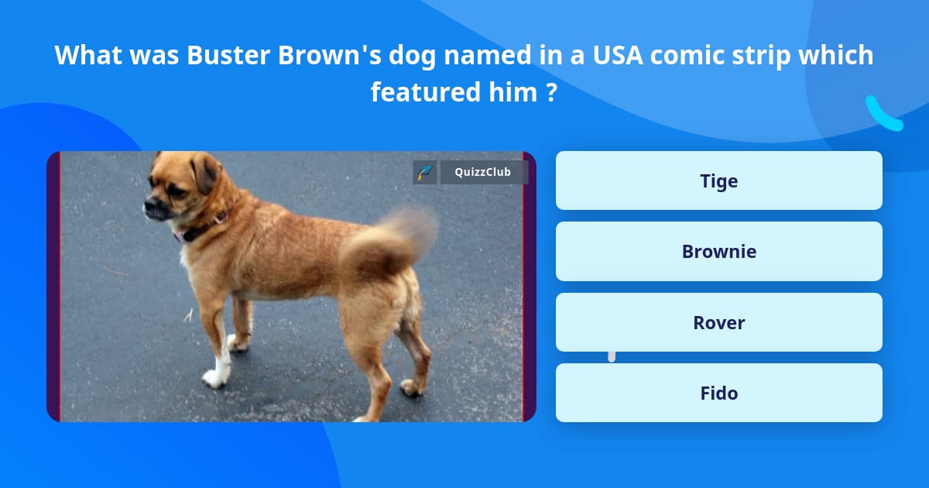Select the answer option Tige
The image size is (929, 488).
718,180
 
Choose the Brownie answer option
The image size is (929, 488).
718,251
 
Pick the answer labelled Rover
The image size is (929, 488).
718,322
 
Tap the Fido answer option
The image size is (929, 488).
718,393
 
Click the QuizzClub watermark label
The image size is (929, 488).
483,172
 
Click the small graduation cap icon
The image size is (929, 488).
424,172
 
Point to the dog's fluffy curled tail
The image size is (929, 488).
391,240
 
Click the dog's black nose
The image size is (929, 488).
147,206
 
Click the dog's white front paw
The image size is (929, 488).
214,377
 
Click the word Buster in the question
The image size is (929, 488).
221,56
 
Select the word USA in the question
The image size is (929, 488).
613,56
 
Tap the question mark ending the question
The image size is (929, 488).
551,93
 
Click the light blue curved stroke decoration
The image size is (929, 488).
883,114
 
